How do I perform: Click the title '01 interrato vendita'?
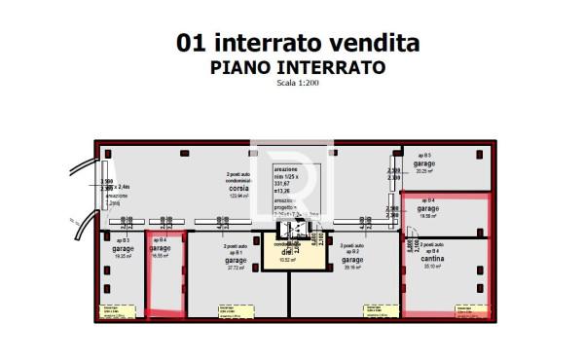pyautogui.click(x=297, y=43)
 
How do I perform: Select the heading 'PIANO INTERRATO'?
pyautogui.click(x=297, y=67)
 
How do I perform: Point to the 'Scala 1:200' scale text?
pyautogui.click(x=297, y=83)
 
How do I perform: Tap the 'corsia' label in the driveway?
pyautogui.click(x=238, y=189)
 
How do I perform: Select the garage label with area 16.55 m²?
pyautogui.click(x=161, y=248)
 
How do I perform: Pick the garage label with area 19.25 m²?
pyautogui.click(x=123, y=248)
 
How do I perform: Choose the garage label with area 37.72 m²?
pyautogui.click(x=235, y=261)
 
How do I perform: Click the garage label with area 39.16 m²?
pyautogui.click(x=351, y=261)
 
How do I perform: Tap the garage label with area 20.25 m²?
pyautogui.click(x=423, y=164)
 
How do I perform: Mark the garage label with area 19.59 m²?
pyautogui.click(x=427, y=208)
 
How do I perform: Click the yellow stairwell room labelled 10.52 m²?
pyautogui.click(x=288, y=256)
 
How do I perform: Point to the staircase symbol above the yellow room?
pyautogui.click(x=290, y=230)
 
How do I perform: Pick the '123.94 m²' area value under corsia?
pyautogui.click(x=238, y=197)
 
